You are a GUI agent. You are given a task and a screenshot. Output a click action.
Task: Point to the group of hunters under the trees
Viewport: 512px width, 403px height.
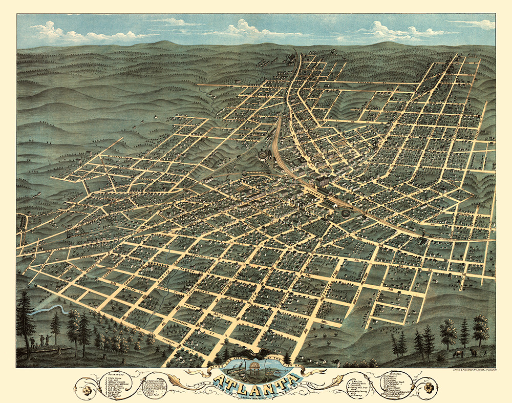(41, 340)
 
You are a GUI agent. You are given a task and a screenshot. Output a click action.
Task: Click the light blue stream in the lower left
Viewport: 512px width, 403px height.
(49, 309)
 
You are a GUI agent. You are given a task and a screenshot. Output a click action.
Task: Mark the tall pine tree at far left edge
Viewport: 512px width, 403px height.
(24, 317)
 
